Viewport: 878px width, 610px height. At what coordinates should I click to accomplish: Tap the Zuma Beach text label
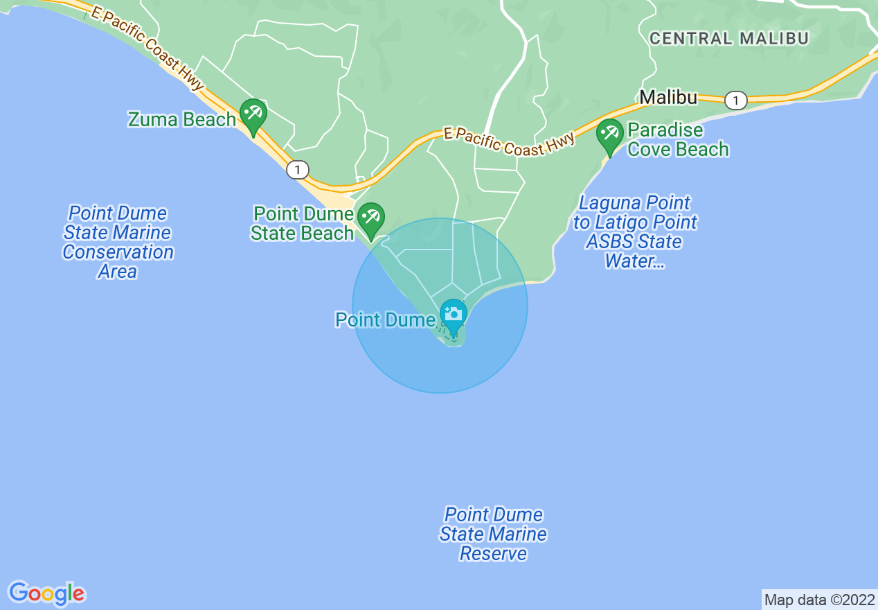[182, 119]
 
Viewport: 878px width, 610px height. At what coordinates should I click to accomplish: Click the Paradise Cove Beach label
[678, 140]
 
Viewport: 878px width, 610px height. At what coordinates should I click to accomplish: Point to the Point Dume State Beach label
[303, 223]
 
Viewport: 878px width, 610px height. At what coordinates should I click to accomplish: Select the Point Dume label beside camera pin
[386, 320]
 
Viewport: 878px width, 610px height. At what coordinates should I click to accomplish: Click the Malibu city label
[668, 98]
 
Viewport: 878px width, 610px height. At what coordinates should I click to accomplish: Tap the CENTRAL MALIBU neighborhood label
[729, 38]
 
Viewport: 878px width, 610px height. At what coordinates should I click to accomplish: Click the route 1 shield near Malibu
[736, 101]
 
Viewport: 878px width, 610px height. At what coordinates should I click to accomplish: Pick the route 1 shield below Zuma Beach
[298, 169]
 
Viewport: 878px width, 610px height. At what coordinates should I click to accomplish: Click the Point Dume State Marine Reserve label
[493, 534]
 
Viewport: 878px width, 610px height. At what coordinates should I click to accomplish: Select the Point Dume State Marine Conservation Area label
[118, 242]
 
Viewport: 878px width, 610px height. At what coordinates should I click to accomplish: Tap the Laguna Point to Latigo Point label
[635, 232]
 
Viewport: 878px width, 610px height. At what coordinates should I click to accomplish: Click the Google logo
[47, 593]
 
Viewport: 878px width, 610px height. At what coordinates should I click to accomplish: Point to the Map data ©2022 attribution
[818, 600]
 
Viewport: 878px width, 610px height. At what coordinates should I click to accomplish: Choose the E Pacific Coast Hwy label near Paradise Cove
[509, 143]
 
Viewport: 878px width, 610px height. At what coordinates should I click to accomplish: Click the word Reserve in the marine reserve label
[493, 554]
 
